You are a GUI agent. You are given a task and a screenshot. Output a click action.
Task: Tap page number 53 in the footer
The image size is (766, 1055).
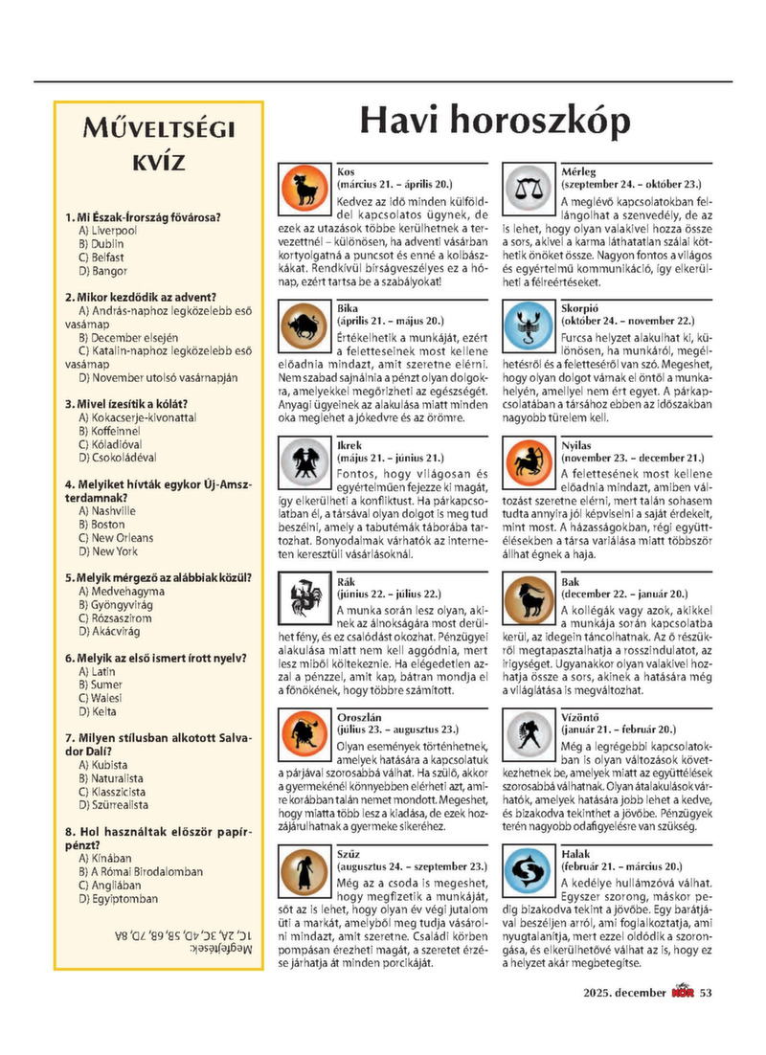707,1020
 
